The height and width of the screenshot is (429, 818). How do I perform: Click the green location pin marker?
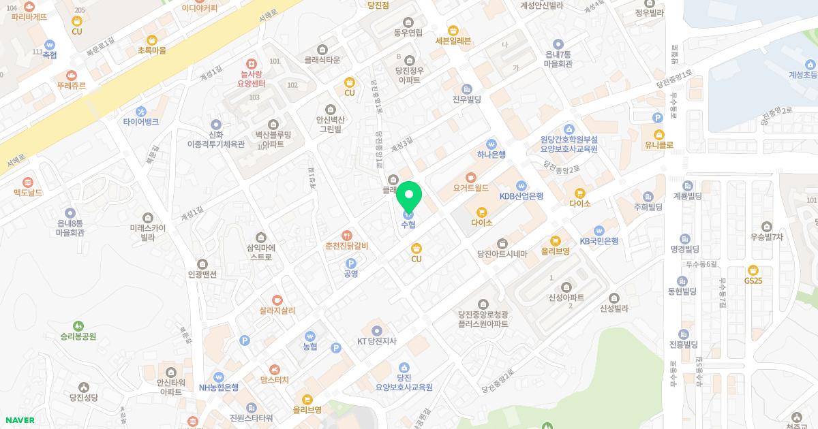409,197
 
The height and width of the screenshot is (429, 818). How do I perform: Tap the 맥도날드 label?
28,193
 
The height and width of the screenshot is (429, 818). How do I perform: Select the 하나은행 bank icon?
491,144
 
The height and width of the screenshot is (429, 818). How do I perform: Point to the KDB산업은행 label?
521,196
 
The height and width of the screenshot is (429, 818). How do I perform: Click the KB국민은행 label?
599,241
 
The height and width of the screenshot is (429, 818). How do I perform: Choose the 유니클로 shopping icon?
658,134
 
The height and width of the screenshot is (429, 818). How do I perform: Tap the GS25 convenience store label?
753,281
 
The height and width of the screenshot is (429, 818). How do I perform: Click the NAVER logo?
19,420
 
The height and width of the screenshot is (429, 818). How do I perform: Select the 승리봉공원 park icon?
78,326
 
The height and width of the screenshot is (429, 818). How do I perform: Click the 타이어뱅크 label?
141,122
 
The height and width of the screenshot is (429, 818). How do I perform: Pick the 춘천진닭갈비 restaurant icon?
347,235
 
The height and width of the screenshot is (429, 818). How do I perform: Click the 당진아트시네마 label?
502,254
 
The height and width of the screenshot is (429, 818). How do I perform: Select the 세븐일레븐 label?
453,41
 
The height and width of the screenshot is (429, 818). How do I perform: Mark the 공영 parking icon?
351,263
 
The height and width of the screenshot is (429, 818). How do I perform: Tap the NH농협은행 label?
219,387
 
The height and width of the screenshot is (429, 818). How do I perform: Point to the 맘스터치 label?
275,379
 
